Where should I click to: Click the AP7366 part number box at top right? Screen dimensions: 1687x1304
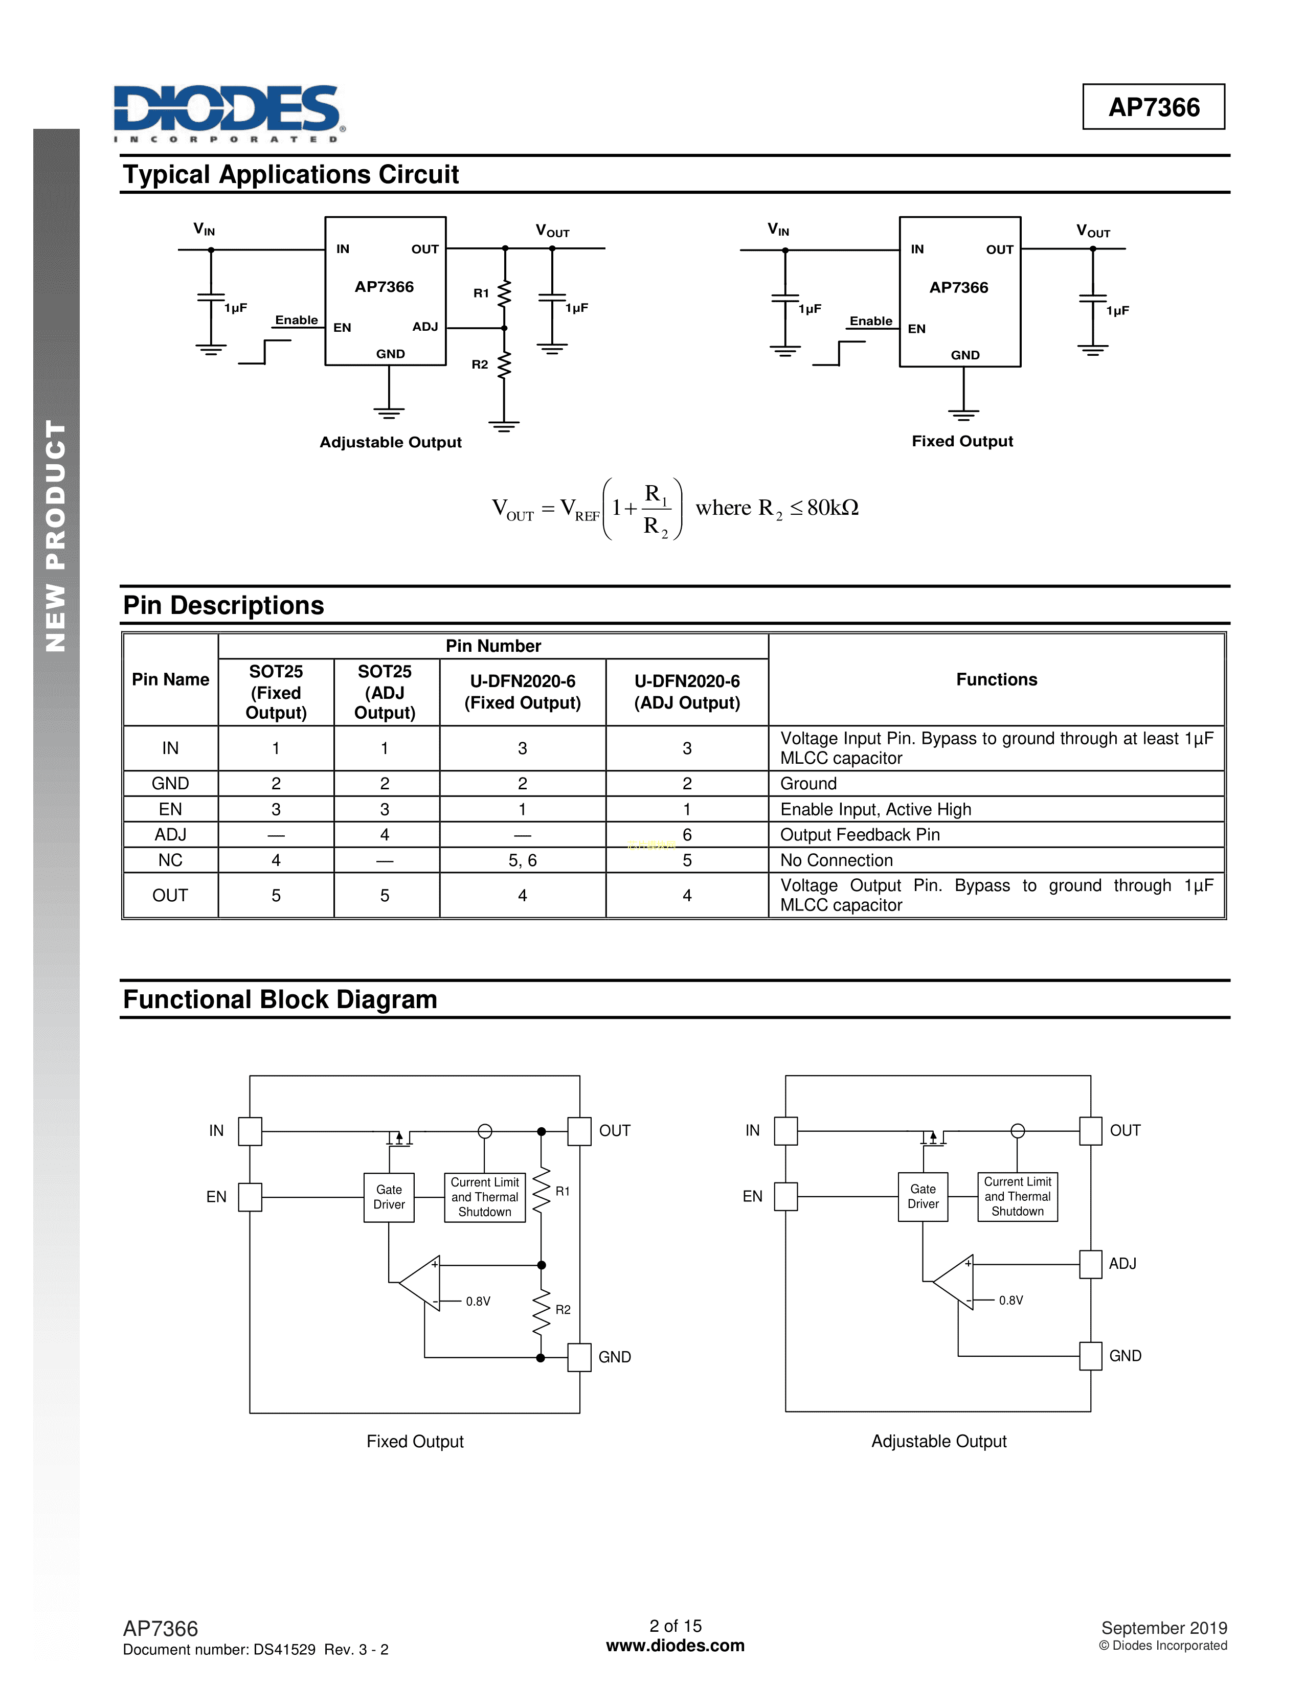pos(1153,107)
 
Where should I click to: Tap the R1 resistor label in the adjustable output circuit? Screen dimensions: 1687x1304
pos(481,293)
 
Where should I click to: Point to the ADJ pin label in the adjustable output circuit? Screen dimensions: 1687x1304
pos(425,327)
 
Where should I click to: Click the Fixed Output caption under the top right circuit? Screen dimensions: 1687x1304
pos(962,441)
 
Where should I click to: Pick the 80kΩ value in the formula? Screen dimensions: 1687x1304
pos(832,508)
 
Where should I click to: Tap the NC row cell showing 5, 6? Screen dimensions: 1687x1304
pos(522,860)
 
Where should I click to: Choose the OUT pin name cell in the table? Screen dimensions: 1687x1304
pos(170,895)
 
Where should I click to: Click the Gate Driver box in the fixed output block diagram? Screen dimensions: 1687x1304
pos(389,1197)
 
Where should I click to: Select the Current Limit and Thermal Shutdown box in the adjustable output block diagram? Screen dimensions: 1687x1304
pos(1017,1197)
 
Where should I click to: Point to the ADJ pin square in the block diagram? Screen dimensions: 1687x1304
pos(1090,1264)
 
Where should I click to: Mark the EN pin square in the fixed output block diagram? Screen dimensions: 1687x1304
pos(250,1197)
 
